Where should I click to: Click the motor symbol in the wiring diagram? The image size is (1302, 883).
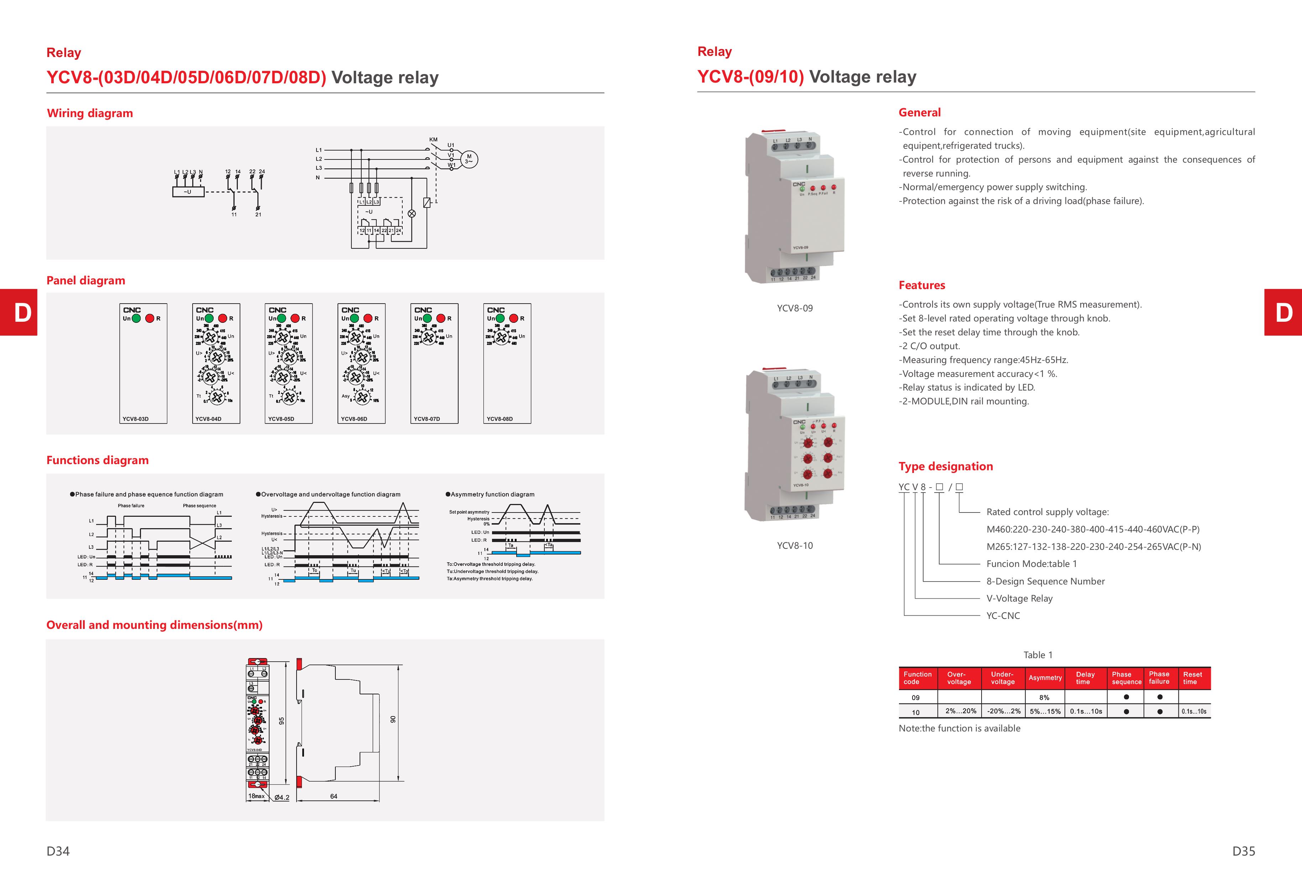(x=469, y=159)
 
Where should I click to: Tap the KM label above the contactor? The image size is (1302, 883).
(x=433, y=140)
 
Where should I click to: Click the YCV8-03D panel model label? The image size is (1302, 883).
(x=136, y=419)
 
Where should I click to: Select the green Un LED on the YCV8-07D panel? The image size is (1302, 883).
(x=427, y=319)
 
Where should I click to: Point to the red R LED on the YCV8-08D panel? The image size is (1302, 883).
(x=514, y=319)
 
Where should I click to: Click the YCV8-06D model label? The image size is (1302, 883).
(x=354, y=419)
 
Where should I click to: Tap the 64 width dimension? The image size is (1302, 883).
(x=334, y=796)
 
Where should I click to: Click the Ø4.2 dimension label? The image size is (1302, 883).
(x=282, y=797)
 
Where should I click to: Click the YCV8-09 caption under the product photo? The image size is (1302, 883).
(x=794, y=308)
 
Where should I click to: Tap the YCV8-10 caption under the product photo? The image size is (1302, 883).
(x=794, y=545)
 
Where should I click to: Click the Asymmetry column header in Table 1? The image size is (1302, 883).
(x=1045, y=678)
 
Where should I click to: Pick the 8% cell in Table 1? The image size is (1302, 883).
(x=1044, y=698)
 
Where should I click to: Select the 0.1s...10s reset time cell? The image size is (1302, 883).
(x=1194, y=712)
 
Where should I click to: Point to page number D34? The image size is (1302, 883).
(x=58, y=851)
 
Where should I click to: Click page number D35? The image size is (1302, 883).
(x=1243, y=851)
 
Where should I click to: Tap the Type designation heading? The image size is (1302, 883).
(x=946, y=467)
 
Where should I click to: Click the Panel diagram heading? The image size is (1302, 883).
(x=86, y=280)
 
